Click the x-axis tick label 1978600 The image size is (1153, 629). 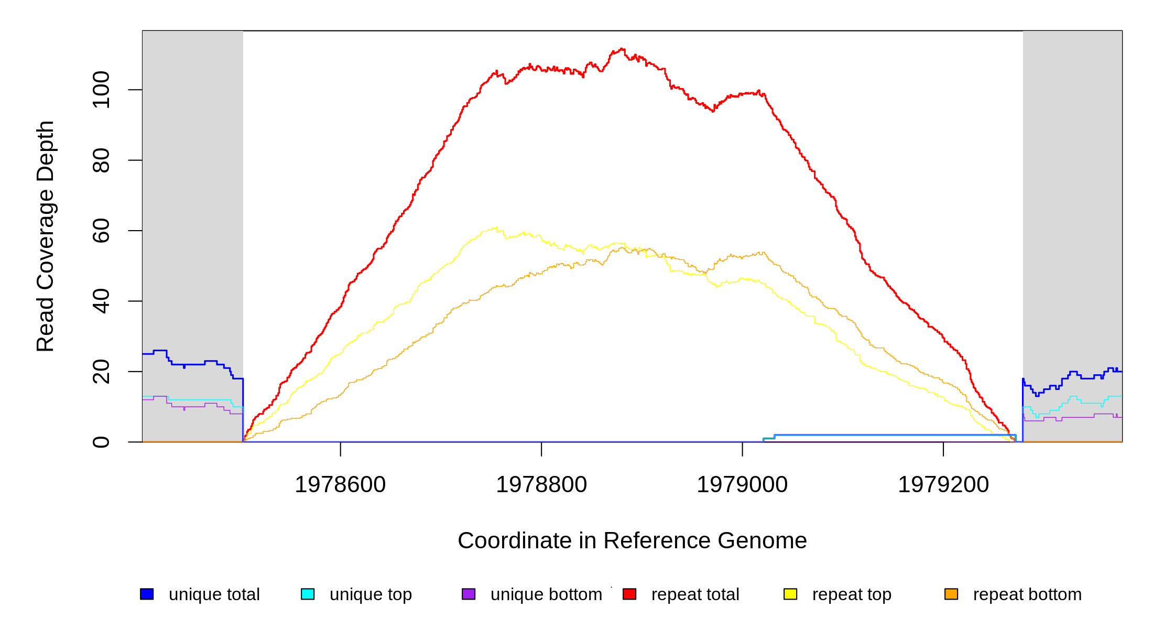coord(340,485)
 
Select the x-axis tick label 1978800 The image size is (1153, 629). coord(541,485)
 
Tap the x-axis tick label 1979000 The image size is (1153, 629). coord(742,485)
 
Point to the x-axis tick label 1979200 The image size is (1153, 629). coord(943,485)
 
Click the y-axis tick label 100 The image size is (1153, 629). coord(101,90)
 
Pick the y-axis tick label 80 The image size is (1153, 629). coord(101,160)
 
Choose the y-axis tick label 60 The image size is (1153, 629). coord(101,231)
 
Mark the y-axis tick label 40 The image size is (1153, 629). coord(101,301)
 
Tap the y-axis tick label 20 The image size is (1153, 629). coord(101,372)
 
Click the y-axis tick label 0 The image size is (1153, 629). coord(101,442)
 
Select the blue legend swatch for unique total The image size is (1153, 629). coord(147,594)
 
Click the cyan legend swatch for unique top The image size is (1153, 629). coord(308,594)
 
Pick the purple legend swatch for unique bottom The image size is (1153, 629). coord(469,594)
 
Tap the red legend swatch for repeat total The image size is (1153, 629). coord(629,594)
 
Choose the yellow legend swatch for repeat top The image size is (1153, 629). coord(790,594)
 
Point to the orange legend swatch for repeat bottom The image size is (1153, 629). coord(951,594)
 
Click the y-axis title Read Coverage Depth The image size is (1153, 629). coord(46,236)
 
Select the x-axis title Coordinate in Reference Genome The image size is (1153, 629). coord(632,540)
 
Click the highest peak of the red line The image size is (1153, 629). coord(622,49)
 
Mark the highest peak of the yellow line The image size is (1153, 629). coord(496,227)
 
